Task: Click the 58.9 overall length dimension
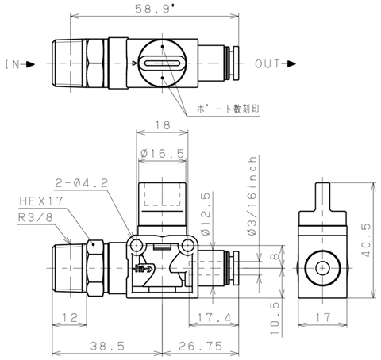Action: click(155, 9)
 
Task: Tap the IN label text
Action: click(13, 64)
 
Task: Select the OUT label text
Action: click(267, 64)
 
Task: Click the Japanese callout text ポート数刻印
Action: click(228, 109)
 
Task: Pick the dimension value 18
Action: click(163, 125)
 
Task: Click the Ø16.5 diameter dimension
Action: click(162, 153)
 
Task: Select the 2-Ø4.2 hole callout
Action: click(82, 183)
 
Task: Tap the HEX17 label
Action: click(41, 201)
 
